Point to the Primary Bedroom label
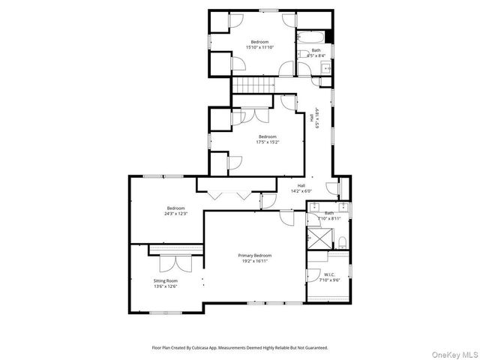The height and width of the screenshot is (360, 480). (254, 255)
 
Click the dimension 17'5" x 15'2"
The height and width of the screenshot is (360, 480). (256, 142)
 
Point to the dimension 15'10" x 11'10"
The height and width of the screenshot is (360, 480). (259, 47)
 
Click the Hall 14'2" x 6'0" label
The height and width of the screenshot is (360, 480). (301, 190)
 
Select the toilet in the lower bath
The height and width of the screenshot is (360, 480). (342, 242)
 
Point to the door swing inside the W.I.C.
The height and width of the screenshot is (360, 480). (313, 274)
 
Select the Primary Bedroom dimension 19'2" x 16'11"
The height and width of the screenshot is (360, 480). (255, 261)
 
